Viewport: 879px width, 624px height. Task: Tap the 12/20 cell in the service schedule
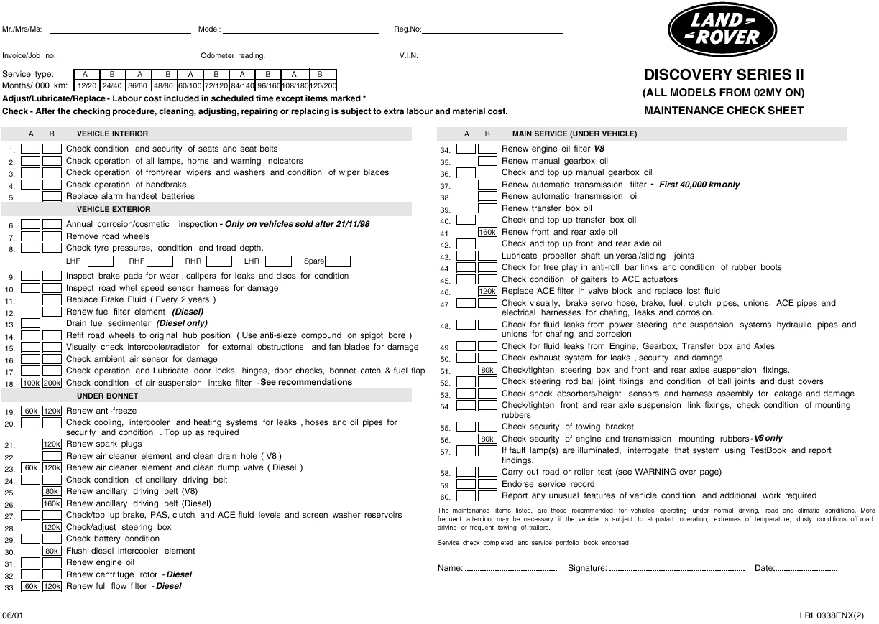86,85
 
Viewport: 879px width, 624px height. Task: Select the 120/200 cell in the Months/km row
323,85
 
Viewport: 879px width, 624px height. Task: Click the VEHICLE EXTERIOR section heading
114,209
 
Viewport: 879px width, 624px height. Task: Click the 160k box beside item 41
487,232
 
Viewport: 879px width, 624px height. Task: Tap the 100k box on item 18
31,383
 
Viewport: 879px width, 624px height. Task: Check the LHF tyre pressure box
100,261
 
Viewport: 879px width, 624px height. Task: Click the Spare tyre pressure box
337,261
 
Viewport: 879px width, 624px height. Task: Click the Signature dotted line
676,569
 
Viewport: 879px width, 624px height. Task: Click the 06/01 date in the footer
12,615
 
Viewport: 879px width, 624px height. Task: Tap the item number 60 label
445,497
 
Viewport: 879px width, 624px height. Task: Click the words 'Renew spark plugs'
104,444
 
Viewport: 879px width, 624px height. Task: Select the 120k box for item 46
487,291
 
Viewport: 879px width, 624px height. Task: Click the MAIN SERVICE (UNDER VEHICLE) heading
574,134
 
